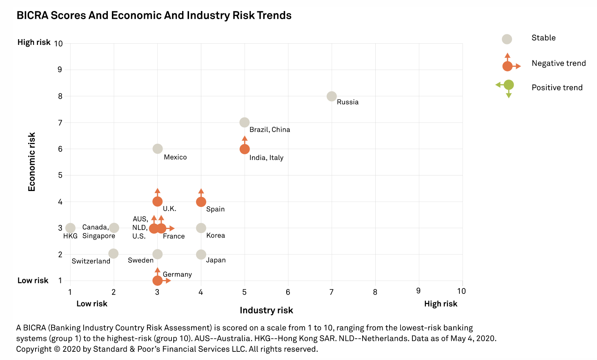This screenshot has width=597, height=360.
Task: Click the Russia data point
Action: pos(332,96)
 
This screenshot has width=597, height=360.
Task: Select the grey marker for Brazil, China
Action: pos(245,122)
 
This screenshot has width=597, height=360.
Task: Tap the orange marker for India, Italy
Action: pos(245,149)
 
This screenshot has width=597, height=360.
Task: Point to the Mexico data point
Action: pos(158,149)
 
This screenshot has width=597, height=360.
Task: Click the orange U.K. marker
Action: pos(158,202)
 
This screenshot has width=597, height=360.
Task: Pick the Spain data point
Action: pos(201,202)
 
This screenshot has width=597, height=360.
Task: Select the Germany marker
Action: pos(158,280)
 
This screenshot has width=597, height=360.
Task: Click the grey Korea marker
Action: pos(201,228)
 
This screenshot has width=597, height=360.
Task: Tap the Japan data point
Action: pos(201,254)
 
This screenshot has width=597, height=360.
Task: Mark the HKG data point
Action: pos(70,228)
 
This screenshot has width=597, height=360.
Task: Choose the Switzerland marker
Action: pos(114,254)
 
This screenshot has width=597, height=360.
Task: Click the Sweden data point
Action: pos(158,254)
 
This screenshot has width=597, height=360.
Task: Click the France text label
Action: pos(174,236)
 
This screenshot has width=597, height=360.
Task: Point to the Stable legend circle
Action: pos(507,39)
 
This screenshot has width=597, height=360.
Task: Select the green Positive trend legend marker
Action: pos(508,85)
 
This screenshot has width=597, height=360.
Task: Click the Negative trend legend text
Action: pos(558,63)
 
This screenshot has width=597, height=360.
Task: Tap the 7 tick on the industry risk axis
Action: pos(332,292)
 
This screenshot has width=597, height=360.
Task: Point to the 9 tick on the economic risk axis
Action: pos(60,70)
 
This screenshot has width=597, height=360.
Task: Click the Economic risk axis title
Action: pos(32,162)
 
